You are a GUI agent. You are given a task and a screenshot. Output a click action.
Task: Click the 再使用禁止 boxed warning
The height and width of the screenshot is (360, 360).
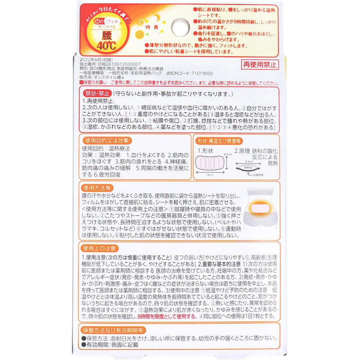[260, 65]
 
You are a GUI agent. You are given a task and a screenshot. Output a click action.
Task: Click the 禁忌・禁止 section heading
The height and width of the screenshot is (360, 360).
[97, 94]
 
